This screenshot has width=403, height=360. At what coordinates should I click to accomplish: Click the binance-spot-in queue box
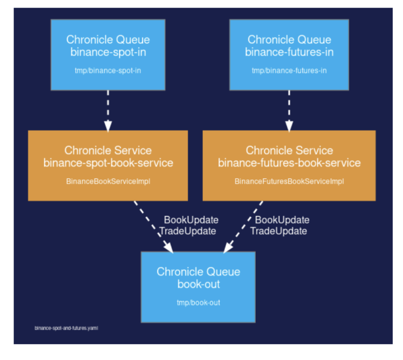pos(108,55)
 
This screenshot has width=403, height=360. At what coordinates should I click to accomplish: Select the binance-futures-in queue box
pos(289,55)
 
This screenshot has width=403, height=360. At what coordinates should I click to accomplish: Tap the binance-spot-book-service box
pos(108,166)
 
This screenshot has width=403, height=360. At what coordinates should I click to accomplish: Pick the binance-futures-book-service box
pos(289,166)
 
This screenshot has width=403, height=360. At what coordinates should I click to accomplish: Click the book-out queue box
pos(198,287)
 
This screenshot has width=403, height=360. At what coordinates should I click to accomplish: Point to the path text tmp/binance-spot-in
pos(108,70)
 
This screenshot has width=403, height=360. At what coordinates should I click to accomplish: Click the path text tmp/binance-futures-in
pos(289,70)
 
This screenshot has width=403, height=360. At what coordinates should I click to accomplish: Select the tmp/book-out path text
pos(199,303)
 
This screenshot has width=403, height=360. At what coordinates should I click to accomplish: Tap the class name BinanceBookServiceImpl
pos(108,181)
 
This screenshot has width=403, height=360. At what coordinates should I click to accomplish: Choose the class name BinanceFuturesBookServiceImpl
pos(289,181)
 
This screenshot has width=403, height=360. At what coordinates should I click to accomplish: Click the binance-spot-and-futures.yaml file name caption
pos(66,328)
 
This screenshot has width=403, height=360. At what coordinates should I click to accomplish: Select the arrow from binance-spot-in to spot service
pos(108,111)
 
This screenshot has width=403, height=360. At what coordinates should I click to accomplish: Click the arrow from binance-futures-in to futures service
pos(289,111)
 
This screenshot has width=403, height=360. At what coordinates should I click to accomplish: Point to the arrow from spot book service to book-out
pos(154,227)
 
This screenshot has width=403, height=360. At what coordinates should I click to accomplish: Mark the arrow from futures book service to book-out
pos(243,227)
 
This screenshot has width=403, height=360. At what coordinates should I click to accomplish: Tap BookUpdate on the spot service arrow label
pos(191,220)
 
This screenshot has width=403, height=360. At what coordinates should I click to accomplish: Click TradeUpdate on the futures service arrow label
pos(279,231)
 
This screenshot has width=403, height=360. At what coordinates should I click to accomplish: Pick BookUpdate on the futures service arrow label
pos(282,220)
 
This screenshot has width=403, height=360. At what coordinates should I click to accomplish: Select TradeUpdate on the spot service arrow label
pos(188,231)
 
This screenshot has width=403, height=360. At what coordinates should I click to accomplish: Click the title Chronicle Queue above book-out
pos(199,272)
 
